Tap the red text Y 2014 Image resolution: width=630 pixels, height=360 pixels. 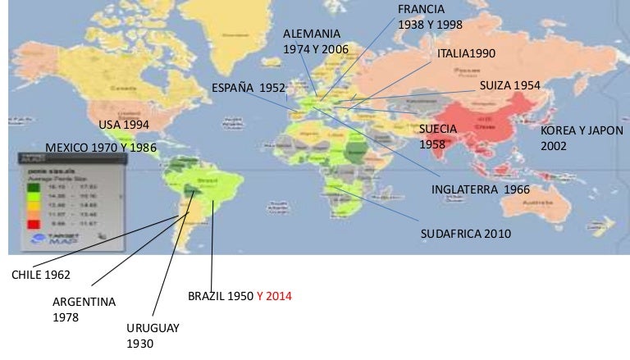(273, 295)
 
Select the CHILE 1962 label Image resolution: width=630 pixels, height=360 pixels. (40, 275)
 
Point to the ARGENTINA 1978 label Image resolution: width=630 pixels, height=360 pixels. (84, 308)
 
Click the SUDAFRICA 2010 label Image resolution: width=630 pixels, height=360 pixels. (465, 234)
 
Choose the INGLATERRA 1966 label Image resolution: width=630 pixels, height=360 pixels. (480, 189)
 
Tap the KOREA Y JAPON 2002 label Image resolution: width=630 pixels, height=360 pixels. (582, 137)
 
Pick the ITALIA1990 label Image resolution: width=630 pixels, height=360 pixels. (466, 53)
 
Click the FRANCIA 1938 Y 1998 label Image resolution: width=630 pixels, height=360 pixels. (430, 16)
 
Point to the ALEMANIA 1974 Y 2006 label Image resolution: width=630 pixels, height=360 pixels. (316, 42)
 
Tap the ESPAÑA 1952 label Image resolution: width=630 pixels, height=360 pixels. (248, 88)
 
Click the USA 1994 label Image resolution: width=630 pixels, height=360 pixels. (125, 125)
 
